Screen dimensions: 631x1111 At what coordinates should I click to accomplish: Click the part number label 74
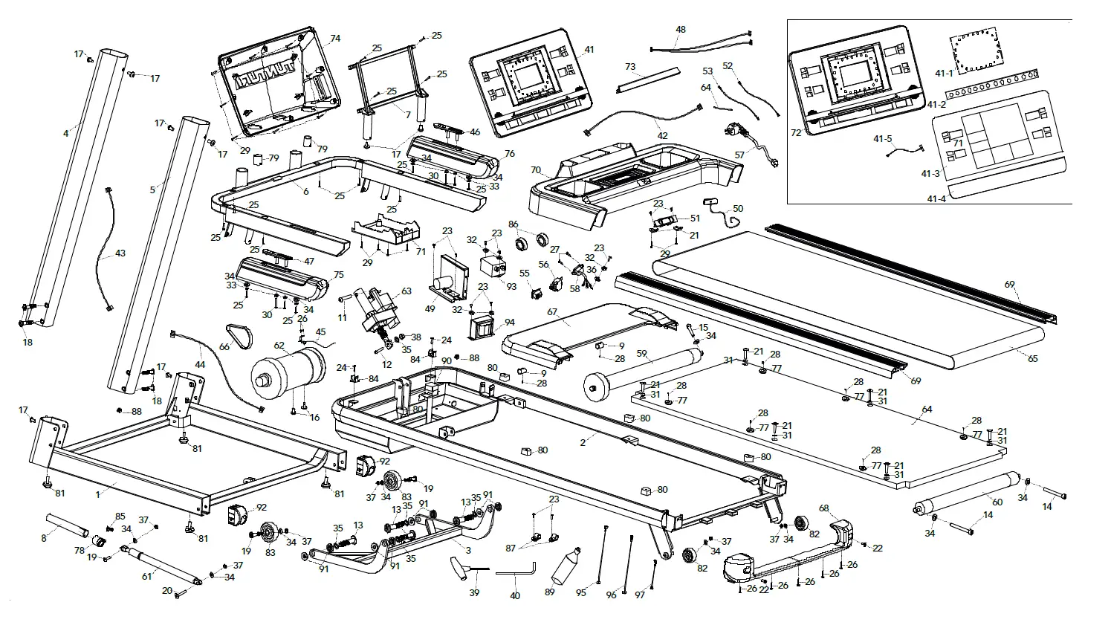pos(335,39)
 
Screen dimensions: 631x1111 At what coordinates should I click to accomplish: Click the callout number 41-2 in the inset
pos(935,105)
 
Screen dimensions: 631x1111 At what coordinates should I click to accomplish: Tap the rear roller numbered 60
pos(965,494)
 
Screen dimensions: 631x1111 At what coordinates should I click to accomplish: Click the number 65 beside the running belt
pos(1033,359)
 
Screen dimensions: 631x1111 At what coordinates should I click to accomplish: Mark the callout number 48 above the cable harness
pos(681,30)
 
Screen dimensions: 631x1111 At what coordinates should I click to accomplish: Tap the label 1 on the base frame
pos(98,494)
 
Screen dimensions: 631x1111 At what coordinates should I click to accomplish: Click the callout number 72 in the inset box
pos(797,133)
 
